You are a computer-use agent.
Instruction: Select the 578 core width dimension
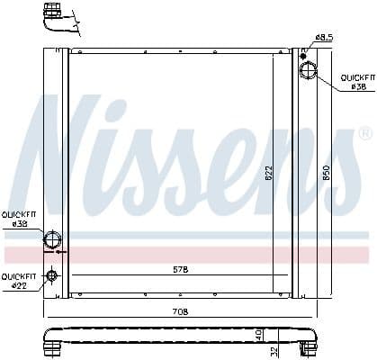tap(182, 270)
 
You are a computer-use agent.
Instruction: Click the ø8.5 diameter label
tap(323, 38)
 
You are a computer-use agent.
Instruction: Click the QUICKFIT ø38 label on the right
tap(355, 83)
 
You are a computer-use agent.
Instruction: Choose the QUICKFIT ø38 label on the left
tap(18, 219)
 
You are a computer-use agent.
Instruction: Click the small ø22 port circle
tap(52, 275)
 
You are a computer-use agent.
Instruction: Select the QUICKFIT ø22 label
tap(18, 281)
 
